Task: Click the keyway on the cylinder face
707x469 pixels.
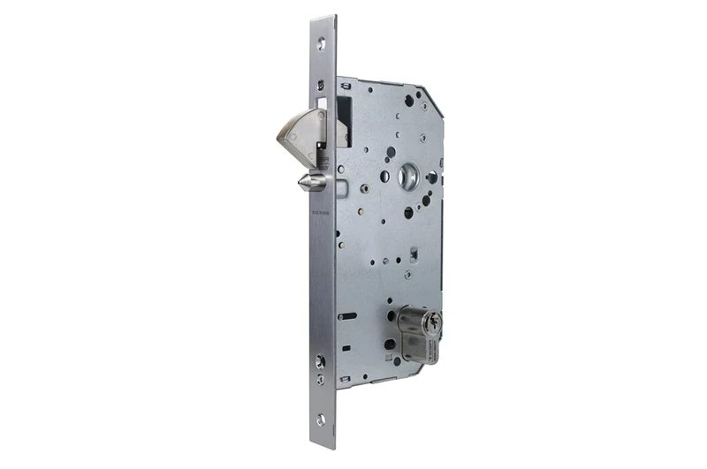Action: coord(430,322)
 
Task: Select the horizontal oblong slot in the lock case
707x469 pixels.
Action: coord(346,315)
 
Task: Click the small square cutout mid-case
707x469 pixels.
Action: coord(413,255)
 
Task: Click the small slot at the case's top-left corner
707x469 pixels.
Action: coord(346,85)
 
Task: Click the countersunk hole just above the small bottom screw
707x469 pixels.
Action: coord(320,361)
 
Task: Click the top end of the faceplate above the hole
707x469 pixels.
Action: coord(324,22)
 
